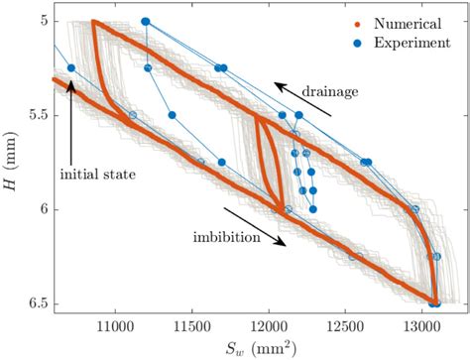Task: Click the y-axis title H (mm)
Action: point(12,162)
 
